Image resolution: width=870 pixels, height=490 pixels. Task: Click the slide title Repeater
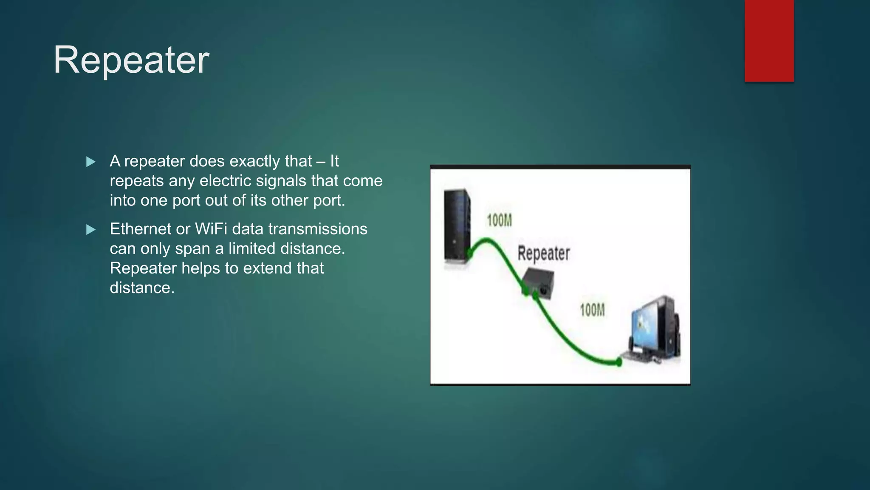click(x=131, y=60)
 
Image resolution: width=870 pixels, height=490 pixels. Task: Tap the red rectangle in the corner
click(x=769, y=40)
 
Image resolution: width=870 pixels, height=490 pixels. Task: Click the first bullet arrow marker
click(x=90, y=162)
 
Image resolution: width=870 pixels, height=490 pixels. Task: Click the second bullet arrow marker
click(x=90, y=230)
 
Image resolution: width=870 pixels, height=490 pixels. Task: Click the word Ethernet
click(x=140, y=229)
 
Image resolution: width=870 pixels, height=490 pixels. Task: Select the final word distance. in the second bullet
click(x=142, y=288)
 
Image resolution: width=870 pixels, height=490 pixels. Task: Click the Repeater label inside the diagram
click(x=543, y=253)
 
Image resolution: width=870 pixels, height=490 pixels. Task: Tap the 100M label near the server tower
click(x=499, y=220)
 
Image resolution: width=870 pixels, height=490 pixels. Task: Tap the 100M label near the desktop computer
click(x=592, y=310)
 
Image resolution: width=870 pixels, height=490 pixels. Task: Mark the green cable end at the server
click(x=470, y=254)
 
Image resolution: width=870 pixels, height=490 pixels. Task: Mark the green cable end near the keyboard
click(x=619, y=362)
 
